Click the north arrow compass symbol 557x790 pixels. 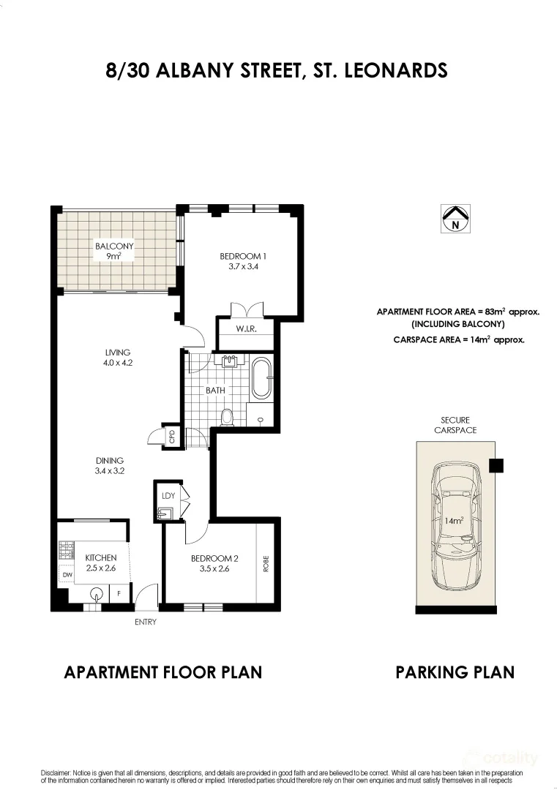point(455,218)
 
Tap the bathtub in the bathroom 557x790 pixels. point(261,378)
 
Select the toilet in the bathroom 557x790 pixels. point(227,417)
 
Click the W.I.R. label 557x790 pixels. point(245,328)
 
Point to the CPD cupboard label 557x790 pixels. point(172,437)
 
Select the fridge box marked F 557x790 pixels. point(119,594)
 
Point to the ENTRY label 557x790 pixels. point(145,622)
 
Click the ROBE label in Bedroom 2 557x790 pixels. point(266,563)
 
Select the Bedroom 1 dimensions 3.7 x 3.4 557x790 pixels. point(242,267)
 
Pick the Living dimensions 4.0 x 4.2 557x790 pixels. point(117,362)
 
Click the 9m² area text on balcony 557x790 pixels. point(114,257)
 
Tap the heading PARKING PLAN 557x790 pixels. point(455,671)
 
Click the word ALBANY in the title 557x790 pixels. point(193,70)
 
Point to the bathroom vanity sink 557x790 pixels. point(229,361)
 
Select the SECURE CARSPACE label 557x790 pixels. point(455,425)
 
